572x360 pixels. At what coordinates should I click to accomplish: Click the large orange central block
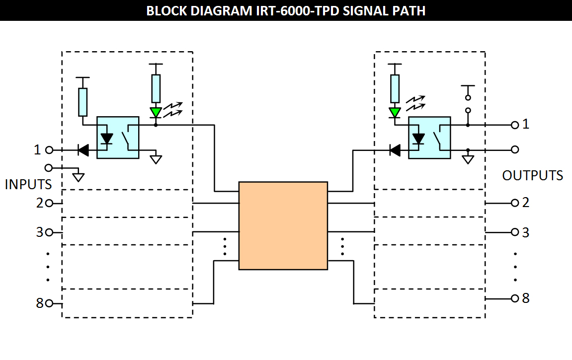tap(283, 225)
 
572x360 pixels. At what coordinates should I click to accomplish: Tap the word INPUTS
tap(28, 185)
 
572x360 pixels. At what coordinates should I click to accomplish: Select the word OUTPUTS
tap(532, 176)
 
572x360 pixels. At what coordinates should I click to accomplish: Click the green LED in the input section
tap(156, 113)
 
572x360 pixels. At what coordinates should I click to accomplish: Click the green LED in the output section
tap(395, 113)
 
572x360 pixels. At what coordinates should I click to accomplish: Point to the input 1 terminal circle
tap(49, 149)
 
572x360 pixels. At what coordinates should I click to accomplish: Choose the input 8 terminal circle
tap(49, 303)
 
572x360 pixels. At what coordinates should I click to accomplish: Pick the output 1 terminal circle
tap(515, 125)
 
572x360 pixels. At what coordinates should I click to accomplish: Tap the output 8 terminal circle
tap(515, 298)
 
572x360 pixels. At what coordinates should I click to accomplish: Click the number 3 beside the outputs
tap(526, 232)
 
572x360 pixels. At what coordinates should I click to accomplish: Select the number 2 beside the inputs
tap(40, 203)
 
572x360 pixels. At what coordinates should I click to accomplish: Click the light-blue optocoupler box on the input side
tap(118, 138)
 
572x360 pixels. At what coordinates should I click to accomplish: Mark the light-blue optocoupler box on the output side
tap(429, 138)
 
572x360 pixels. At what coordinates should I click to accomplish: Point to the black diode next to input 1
tap(83, 149)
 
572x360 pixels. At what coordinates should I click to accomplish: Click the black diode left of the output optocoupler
tap(395, 149)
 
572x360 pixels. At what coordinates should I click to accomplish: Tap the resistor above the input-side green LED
tap(156, 89)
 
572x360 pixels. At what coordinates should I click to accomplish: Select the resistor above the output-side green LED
tap(395, 89)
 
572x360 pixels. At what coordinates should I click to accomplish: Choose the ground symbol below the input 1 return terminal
tap(78, 176)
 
